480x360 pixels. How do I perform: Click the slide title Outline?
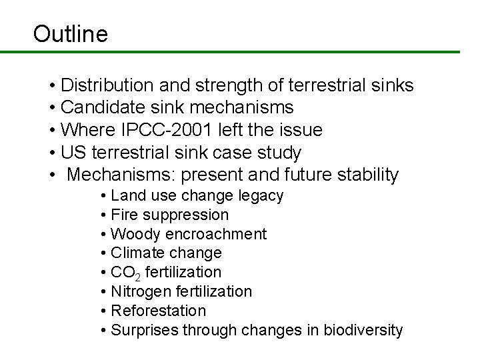pos(70,33)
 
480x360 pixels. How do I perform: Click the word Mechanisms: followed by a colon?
pos(121,175)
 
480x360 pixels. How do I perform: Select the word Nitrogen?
pos(137,291)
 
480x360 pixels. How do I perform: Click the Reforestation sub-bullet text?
pos(159,311)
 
